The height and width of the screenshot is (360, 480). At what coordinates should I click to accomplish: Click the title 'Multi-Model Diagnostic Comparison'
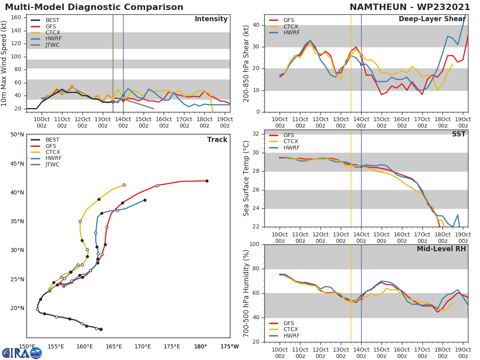pyautogui.click(x=94, y=7)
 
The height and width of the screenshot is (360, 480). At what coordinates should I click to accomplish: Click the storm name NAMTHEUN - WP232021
pyautogui.click(x=410, y=7)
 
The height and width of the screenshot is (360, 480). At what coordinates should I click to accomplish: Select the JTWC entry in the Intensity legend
pyautogui.click(x=52, y=45)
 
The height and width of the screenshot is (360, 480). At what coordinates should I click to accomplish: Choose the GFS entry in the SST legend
pyautogui.click(x=289, y=135)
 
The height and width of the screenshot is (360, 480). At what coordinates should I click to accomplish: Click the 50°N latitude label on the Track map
pyautogui.click(x=17, y=135)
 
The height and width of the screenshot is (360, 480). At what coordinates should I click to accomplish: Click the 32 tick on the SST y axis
pyautogui.click(x=256, y=134)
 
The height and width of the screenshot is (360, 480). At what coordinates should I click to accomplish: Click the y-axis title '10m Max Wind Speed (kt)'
pyautogui.click(x=4, y=64)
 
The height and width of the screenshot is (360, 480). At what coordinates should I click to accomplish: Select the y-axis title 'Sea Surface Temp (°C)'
pyautogui.click(x=246, y=178)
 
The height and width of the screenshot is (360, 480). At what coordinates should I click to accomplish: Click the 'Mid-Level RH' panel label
pyautogui.click(x=441, y=249)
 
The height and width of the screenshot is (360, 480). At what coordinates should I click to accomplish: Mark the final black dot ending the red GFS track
pyautogui.click(x=207, y=181)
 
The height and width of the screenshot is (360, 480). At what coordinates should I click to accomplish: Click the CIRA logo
pyautogui.click(x=22, y=353)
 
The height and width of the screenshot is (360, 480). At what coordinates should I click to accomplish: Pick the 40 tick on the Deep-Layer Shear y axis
pyautogui.click(x=256, y=25)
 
